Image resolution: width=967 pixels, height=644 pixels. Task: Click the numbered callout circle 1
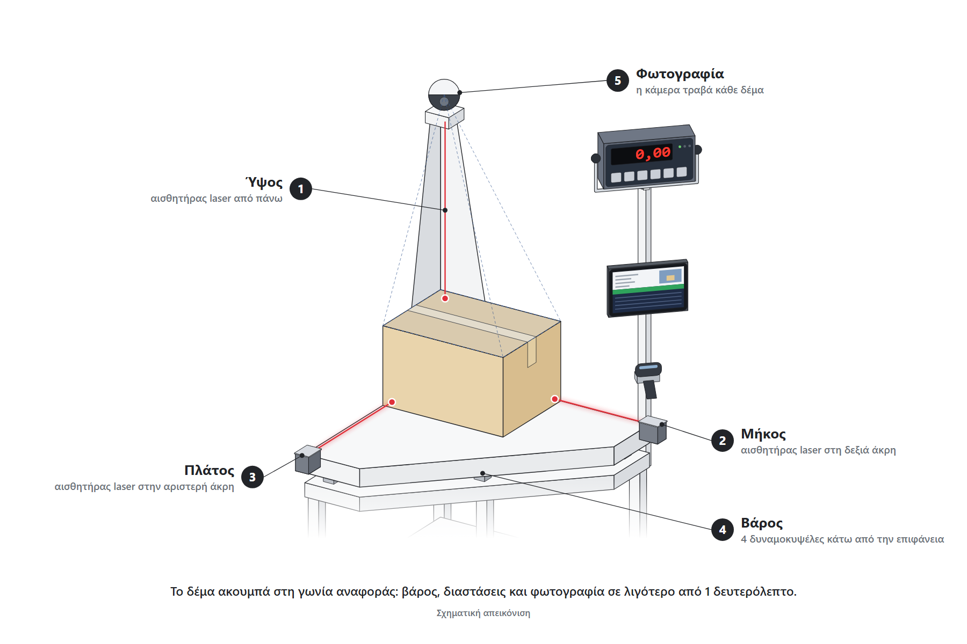coord(301,189)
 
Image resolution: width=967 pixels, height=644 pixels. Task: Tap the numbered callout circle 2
coord(723,441)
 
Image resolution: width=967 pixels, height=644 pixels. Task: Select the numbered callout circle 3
coord(252,477)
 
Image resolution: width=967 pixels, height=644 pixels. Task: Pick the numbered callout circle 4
coord(723,530)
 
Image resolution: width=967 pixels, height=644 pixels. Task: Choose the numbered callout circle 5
coord(618,80)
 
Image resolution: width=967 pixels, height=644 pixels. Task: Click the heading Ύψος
coord(264,182)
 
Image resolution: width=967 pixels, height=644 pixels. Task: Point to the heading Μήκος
coord(763,434)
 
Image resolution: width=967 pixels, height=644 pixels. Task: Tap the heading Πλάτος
coord(210,470)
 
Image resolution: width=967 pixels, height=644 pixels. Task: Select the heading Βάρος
coord(762,523)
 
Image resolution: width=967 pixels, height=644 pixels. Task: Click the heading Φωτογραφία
coord(680,74)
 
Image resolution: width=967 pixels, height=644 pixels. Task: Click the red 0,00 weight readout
coord(653,153)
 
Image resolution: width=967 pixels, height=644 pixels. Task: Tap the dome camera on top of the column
coord(444,96)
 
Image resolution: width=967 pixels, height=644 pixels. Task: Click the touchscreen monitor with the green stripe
coord(647,288)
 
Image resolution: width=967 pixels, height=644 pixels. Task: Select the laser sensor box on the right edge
coord(653,430)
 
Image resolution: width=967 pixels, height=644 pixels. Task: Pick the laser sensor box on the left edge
coord(308,459)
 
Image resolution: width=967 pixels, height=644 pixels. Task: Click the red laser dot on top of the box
coord(445,298)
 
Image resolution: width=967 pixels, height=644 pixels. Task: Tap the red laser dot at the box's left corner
coord(392,402)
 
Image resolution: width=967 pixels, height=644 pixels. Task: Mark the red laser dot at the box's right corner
coord(554,399)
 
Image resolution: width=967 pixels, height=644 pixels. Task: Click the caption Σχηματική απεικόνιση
coord(484,613)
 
